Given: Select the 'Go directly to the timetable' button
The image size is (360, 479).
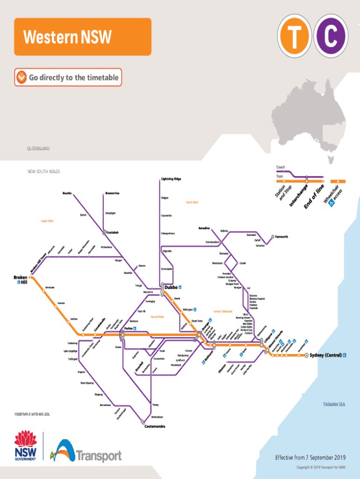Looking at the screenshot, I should [x=68, y=78].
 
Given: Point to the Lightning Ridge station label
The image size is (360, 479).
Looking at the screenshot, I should [x=171, y=179].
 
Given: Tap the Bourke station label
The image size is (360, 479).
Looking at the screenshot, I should [x=67, y=193].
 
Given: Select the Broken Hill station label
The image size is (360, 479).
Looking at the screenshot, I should [x=20, y=280].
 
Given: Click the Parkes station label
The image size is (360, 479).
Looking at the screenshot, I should [x=129, y=328].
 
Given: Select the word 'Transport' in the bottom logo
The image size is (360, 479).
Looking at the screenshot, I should [x=99, y=456].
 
